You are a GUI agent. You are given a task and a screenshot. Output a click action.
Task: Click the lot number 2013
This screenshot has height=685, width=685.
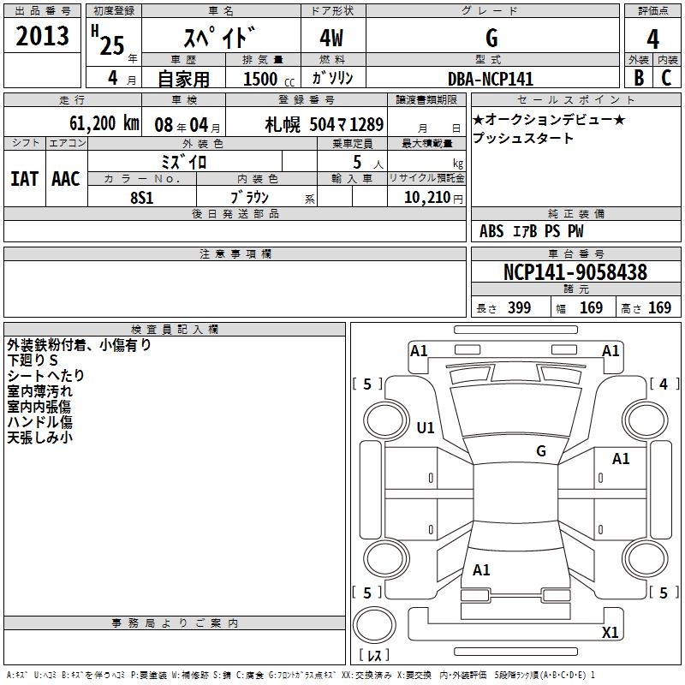point(43,35)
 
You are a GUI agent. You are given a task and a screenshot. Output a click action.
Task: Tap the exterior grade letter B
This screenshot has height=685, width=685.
point(639,78)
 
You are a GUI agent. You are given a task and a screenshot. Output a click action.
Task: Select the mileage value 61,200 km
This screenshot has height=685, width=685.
point(101,122)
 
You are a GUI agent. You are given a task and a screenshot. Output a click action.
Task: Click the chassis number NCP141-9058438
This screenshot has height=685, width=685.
point(575,272)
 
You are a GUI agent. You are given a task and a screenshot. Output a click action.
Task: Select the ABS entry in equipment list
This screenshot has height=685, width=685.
point(491,231)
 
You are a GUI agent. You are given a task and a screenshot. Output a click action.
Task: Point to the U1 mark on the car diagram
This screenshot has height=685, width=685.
point(425,427)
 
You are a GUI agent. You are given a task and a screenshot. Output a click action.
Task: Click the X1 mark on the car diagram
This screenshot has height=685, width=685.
point(611,633)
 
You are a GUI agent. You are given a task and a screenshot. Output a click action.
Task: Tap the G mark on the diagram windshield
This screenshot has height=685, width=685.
point(540,451)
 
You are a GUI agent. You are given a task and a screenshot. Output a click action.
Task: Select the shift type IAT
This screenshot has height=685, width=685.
point(24,179)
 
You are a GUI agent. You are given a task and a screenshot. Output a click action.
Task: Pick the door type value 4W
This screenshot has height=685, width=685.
point(333,39)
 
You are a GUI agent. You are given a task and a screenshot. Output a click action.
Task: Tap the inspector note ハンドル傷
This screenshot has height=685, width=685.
point(39,421)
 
